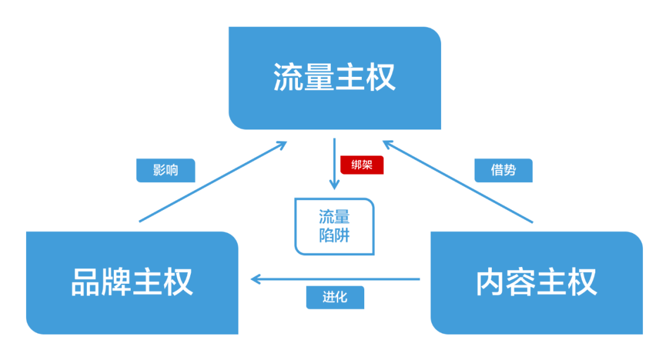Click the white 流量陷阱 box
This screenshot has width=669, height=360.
[334, 226]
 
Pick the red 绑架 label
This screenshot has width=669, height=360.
[362, 165]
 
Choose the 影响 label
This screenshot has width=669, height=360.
[165, 170]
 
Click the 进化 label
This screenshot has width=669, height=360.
[334, 297]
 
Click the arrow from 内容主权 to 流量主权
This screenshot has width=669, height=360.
[458, 181]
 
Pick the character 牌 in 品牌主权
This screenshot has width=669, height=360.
[117, 282]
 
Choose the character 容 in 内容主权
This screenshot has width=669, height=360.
[522, 282]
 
